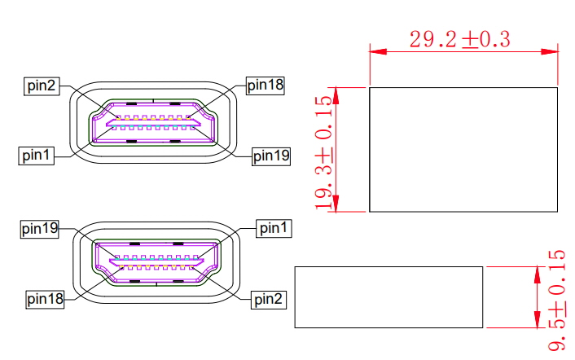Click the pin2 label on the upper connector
click(x=41, y=86)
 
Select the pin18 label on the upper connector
click(x=265, y=85)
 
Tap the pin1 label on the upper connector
click(x=37, y=155)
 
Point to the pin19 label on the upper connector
click(x=271, y=155)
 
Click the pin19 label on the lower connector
click(x=40, y=229)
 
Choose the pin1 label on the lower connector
click(x=274, y=229)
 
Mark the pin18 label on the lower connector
click(x=45, y=299)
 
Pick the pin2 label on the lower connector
click(x=268, y=300)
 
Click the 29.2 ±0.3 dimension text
click(x=459, y=39)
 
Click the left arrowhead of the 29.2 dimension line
click(x=376, y=51)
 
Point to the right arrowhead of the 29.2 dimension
click(x=552, y=51)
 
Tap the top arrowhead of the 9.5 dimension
click(x=537, y=271)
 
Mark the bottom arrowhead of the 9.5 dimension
click(x=537, y=322)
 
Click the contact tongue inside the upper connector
click(x=155, y=124)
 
